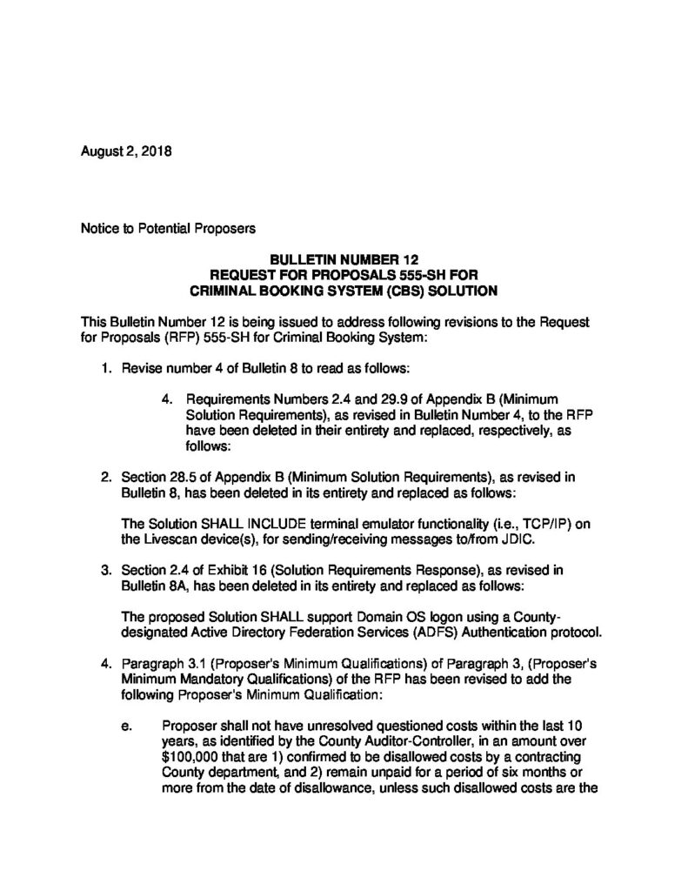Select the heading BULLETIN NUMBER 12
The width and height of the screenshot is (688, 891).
[x=344, y=258]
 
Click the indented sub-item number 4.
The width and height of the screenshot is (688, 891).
[x=167, y=399]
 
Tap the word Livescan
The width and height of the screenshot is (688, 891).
[x=173, y=540]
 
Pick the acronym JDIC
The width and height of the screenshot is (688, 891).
[x=518, y=540]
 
